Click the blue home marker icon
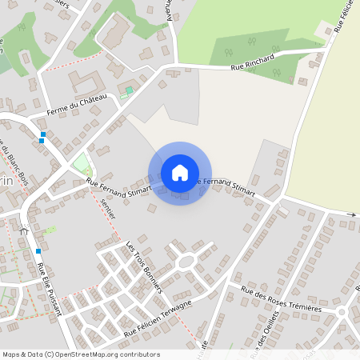(x=180, y=173)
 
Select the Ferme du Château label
(x=77, y=103)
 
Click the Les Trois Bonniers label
(x=144, y=267)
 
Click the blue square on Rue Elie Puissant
(x=38, y=251)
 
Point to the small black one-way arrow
(x=351, y=214)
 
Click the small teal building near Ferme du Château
(x=129, y=90)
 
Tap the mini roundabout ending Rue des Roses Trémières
(x=342, y=311)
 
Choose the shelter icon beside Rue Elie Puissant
(x=23, y=230)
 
